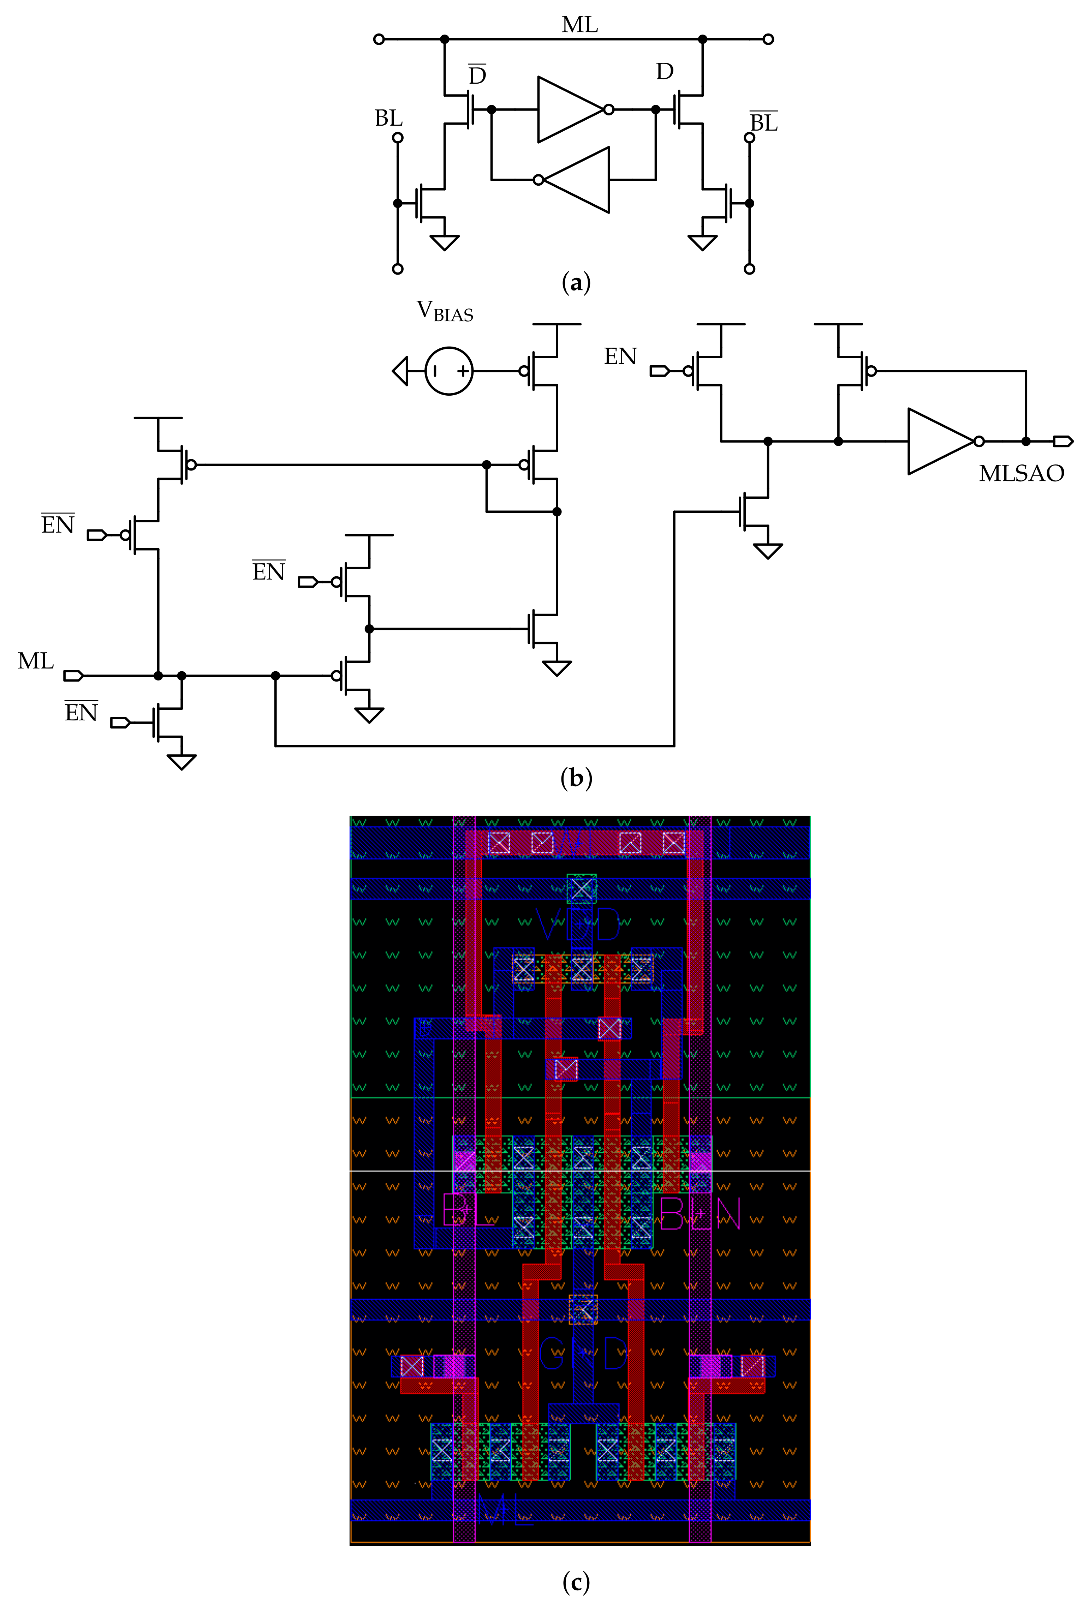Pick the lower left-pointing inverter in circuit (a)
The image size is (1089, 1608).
pyautogui.click(x=576, y=180)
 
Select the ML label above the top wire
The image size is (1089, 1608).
pyautogui.click(x=579, y=25)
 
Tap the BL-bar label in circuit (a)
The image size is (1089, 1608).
pyautogui.click(x=764, y=122)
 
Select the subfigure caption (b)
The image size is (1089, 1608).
pyautogui.click(x=576, y=778)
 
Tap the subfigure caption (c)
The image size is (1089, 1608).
pyautogui.click(x=576, y=1582)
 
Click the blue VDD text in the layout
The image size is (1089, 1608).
pyautogui.click(x=579, y=925)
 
